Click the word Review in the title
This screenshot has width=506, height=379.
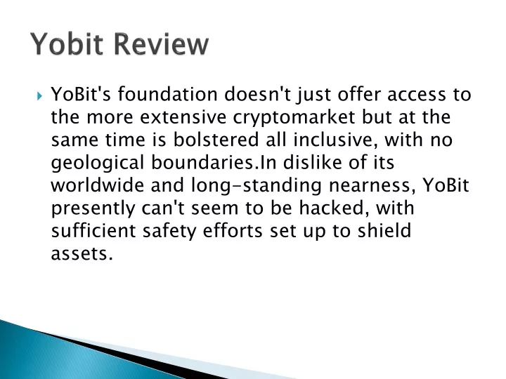pos(161,44)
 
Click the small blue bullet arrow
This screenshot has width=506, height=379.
pos(39,95)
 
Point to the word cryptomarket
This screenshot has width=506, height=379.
pos(294,118)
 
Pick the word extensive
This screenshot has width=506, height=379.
pos(183,117)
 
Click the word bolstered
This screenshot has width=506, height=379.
pos(216,140)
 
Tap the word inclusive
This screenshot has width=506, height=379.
pos(336,140)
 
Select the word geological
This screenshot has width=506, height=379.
pos(98,163)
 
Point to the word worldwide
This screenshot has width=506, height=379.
pos(98,185)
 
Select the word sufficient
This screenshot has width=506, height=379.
pos(93,230)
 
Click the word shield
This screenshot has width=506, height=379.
pos(384,230)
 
